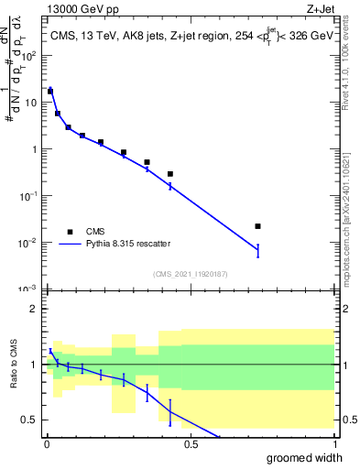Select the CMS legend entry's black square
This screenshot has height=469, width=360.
[x=69, y=231]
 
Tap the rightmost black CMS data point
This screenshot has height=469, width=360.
[x=258, y=226]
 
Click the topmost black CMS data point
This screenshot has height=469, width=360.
[x=50, y=92]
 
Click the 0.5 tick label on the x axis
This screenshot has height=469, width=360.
[x=191, y=444]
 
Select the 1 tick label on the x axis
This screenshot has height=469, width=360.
[x=334, y=444]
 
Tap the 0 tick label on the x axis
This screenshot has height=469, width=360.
[x=47, y=444]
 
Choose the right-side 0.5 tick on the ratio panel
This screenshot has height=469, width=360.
[x=346, y=420]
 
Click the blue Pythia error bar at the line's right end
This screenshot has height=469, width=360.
[x=258, y=250]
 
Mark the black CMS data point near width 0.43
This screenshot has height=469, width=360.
[x=170, y=174]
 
